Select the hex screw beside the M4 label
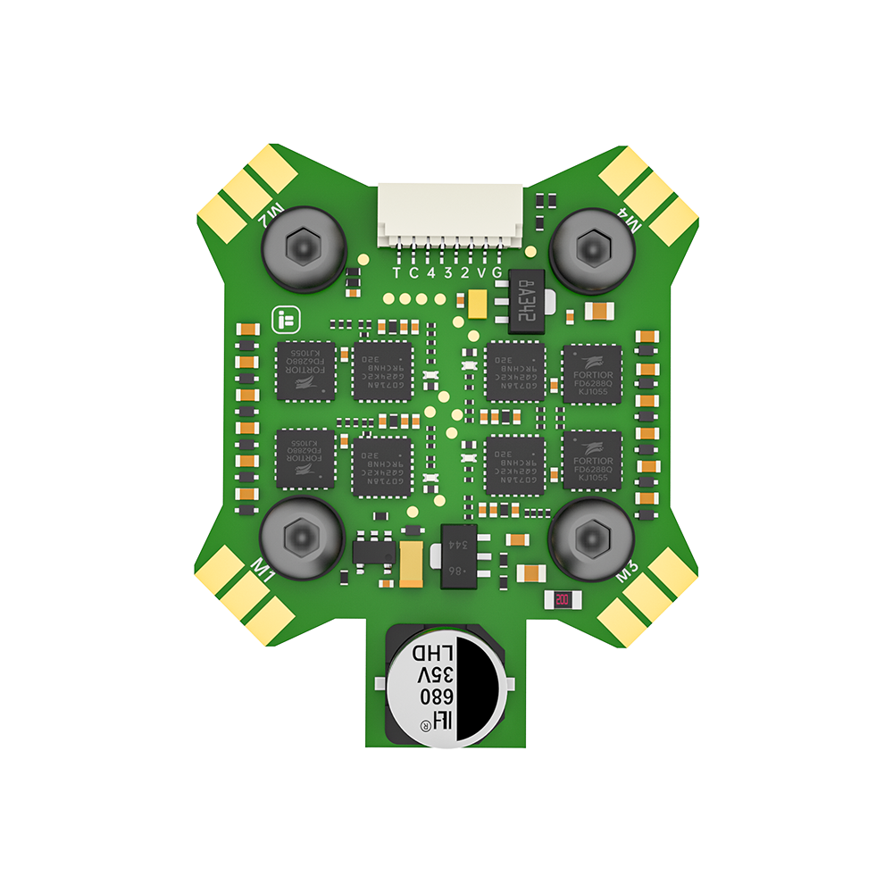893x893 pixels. [591, 246]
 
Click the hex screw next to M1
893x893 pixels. [300, 536]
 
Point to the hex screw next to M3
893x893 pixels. [590, 536]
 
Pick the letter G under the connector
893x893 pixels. [497, 273]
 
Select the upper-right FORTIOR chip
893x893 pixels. [591, 371]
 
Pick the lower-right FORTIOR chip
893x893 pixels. [591, 459]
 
